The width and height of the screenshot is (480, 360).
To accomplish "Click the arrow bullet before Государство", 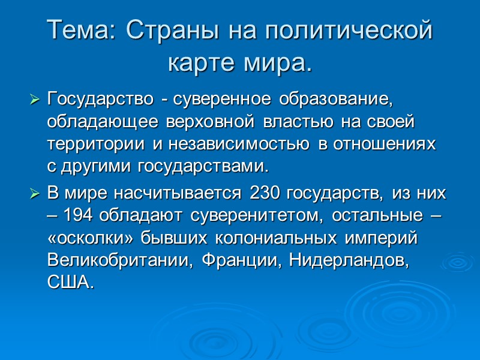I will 35,98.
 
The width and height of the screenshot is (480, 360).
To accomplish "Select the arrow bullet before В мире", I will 35,194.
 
